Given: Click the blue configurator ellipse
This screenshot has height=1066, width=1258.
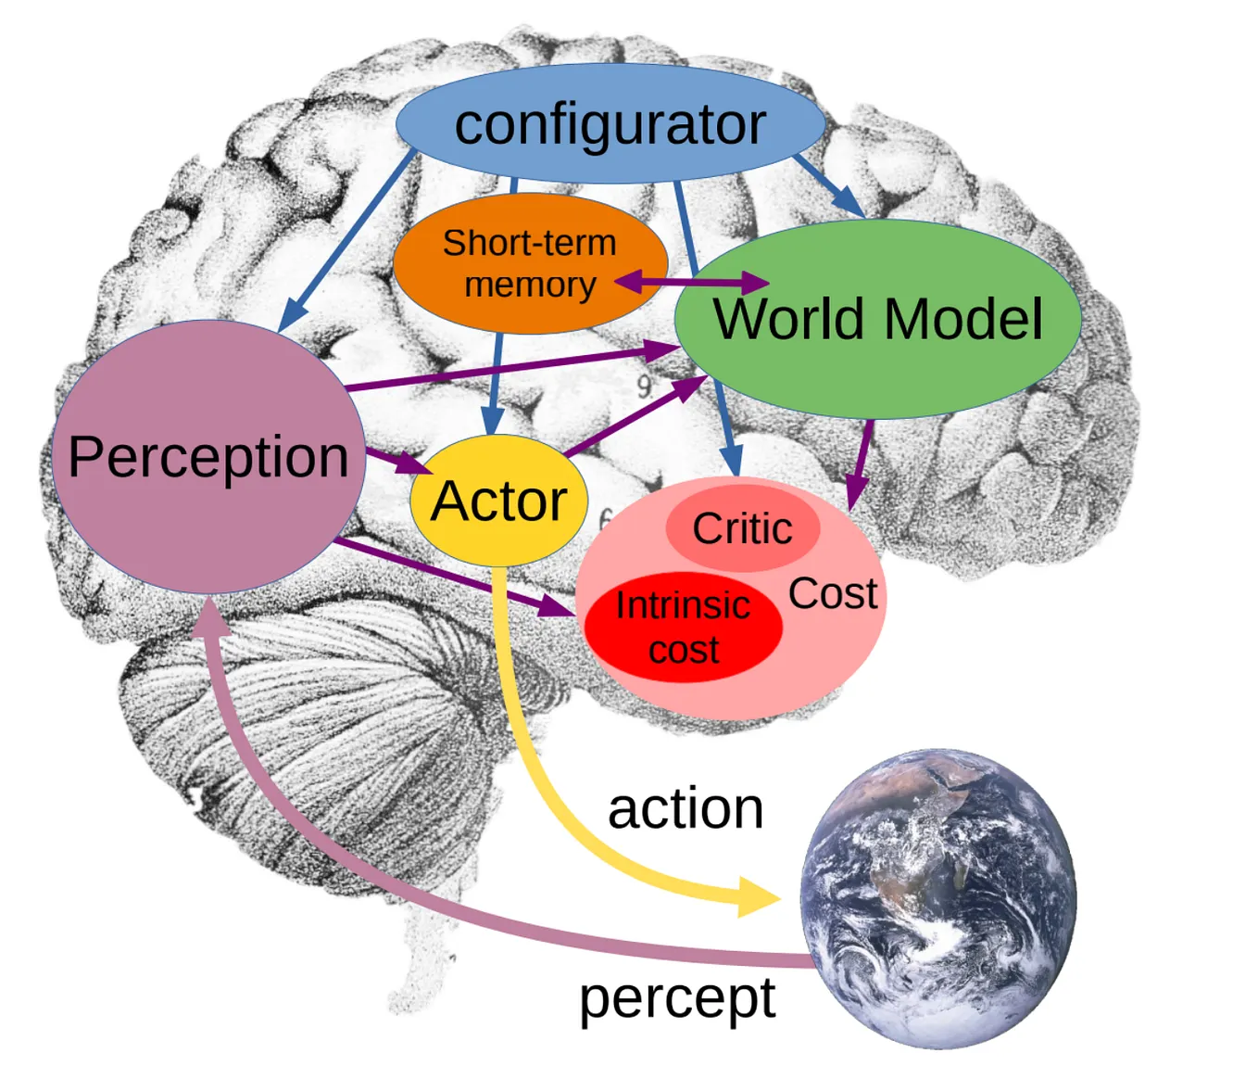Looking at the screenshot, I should [x=610, y=123].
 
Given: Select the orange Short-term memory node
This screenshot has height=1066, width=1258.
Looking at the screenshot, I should [x=530, y=264].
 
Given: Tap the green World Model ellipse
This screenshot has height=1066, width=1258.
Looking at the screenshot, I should [x=877, y=320].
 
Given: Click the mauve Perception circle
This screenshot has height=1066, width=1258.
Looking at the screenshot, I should [x=208, y=457].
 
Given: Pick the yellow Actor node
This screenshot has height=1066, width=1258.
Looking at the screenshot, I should [x=498, y=501].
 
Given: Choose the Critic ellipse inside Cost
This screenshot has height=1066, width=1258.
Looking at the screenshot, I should [x=742, y=529].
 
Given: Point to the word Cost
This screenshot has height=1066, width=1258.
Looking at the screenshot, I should [x=832, y=594].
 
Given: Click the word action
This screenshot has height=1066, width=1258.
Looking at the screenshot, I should [x=686, y=809].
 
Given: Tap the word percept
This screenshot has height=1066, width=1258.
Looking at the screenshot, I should [x=677, y=999].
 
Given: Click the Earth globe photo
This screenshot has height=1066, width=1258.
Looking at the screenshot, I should [x=937, y=897].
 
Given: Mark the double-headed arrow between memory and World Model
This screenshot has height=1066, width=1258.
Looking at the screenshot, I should [x=691, y=282].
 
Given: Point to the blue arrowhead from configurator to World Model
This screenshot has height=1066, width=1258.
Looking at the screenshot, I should [x=848, y=203].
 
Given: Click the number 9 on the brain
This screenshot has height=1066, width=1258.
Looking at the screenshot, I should [x=644, y=386].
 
